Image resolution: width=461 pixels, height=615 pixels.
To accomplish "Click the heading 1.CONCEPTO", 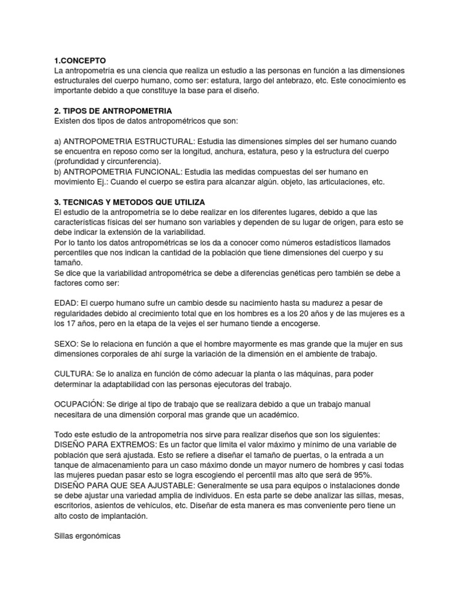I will pos(79,61).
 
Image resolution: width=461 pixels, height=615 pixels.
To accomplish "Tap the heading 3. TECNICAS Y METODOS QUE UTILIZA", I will pos(130,202).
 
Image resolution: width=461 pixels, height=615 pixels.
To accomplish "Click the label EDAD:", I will pos(66,303).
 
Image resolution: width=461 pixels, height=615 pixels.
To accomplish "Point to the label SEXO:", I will pos(66,344).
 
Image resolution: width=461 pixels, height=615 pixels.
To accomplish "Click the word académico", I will pos(271,415).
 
